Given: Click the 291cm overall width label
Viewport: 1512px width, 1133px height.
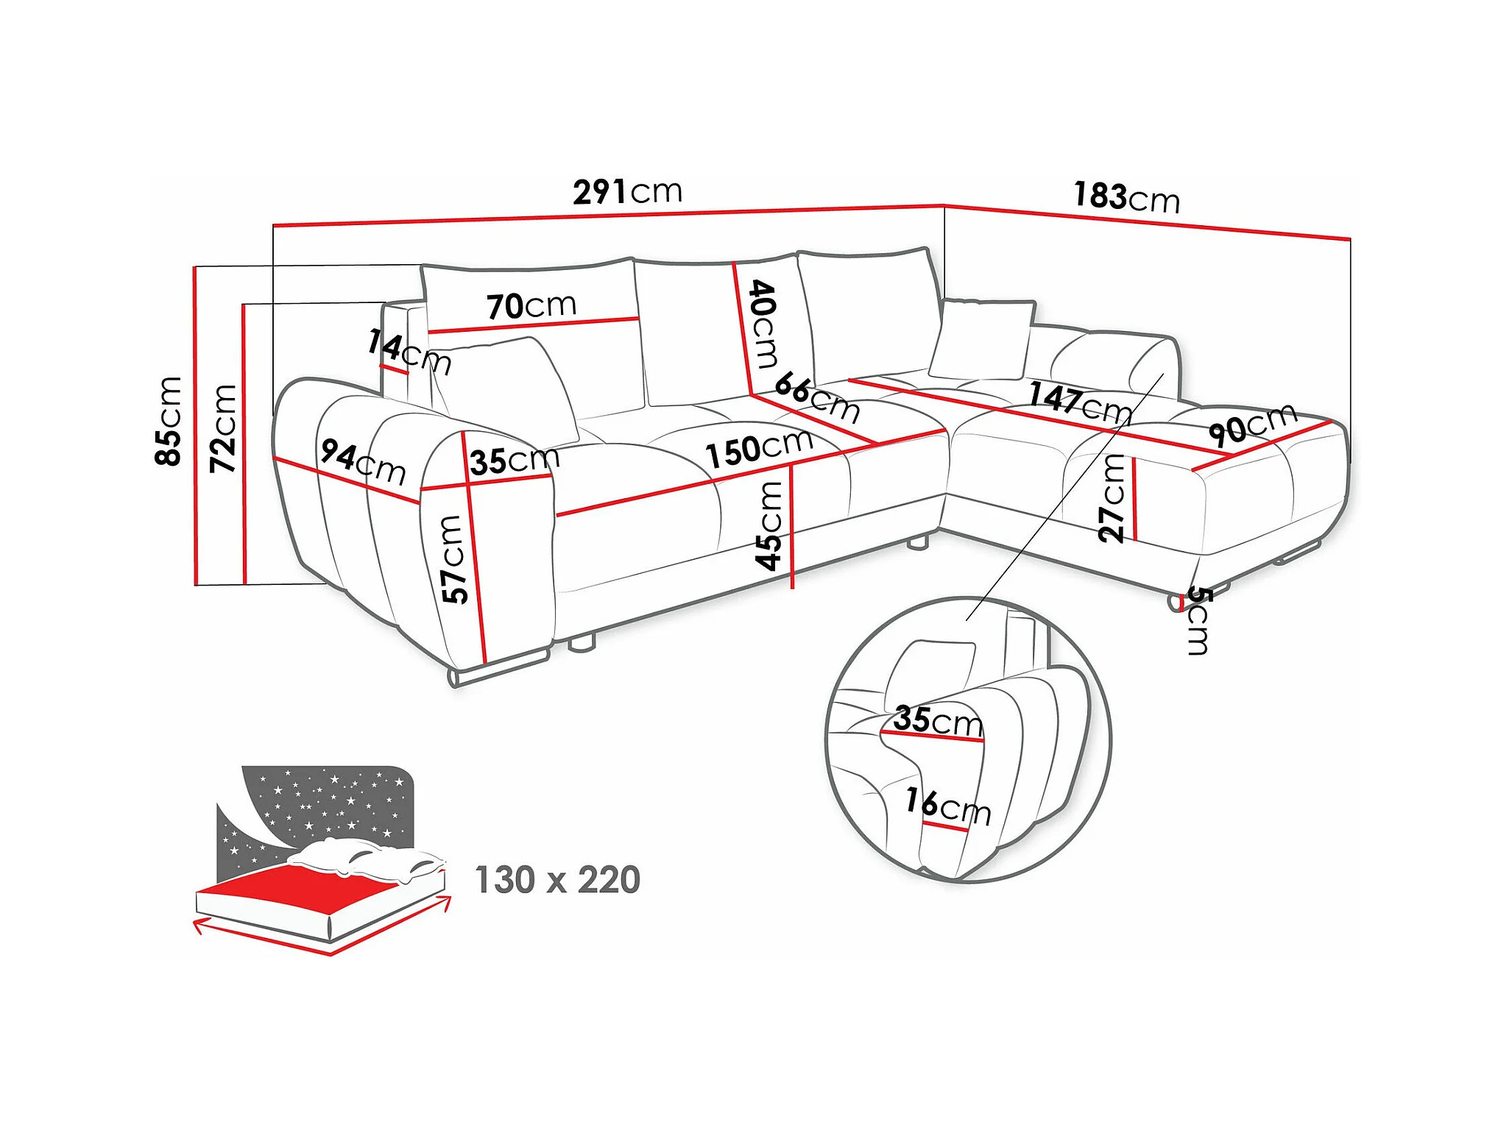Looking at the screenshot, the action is [628, 192].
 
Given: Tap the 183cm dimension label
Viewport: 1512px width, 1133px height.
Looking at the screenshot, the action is [1126, 197].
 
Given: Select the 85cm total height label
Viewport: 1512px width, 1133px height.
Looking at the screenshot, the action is [169, 421].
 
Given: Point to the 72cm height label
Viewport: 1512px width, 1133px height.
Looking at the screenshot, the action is [223, 428].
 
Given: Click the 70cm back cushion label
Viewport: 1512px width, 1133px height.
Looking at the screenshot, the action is [531, 305].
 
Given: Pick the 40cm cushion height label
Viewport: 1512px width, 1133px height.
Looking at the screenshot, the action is [763, 323].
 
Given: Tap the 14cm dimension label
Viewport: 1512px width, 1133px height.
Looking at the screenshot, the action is [409, 351].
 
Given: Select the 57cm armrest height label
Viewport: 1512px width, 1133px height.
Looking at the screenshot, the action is [455, 559].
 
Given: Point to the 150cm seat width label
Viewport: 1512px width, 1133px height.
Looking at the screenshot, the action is [759, 447].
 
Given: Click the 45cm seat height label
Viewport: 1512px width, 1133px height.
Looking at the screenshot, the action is [769, 526].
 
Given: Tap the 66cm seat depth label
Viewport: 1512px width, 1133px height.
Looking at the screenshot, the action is [817, 397].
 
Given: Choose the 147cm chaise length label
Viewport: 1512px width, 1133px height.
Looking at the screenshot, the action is [1080, 402].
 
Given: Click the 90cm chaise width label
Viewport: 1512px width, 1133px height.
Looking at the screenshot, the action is [1253, 425].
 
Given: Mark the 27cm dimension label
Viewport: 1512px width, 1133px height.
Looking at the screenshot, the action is [1112, 498].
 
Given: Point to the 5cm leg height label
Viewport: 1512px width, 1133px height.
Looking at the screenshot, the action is [1198, 621].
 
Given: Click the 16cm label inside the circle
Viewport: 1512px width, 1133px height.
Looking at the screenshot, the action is [948, 806].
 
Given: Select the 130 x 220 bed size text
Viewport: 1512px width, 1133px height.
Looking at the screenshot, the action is [557, 880].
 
